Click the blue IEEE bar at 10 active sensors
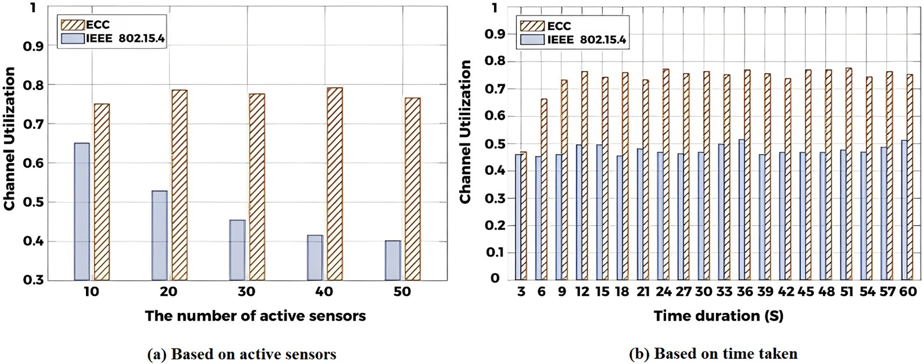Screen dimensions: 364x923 pos(82,212)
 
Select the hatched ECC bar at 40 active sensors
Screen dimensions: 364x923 pos(335,184)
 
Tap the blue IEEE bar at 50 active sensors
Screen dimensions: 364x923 pos(393,261)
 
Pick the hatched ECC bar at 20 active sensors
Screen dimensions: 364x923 pos(179,185)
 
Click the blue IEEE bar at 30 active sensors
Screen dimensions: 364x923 pos(238,250)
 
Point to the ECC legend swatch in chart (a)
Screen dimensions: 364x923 pos(72,24)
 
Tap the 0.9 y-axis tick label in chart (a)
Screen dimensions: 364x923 pos(33,46)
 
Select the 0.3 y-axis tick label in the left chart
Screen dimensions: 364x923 pos(33,280)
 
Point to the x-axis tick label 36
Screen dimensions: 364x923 pos(744,292)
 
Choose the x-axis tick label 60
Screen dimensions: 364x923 pos(907,292)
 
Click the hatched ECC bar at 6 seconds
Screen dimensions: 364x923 pos(544,189)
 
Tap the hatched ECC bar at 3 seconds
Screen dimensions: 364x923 pos(524,216)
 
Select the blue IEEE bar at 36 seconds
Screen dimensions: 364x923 pos(741,210)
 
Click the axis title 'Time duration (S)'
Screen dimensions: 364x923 pos(718,316)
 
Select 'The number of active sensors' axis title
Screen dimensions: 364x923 pos(255,316)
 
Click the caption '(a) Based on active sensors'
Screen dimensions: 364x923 pos(241,354)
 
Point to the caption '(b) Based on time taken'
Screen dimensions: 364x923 pos(713,354)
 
